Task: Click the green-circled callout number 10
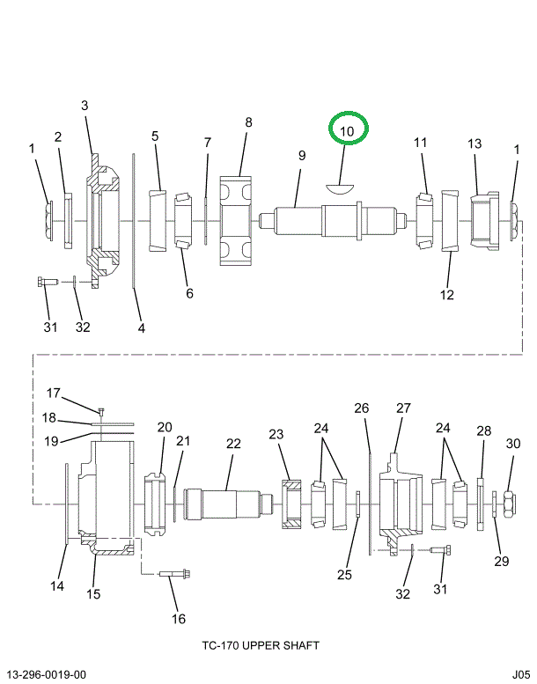(x=347, y=131)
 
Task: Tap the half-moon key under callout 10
(x=339, y=186)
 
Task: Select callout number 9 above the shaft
(x=301, y=156)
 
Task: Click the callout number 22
(x=233, y=444)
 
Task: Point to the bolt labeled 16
(x=175, y=576)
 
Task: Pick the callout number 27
(x=403, y=408)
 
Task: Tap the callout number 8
(x=248, y=122)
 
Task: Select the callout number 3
(x=85, y=106)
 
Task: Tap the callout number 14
(x=56, y=586)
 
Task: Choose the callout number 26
(x=361, y=408)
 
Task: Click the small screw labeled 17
(x=101, y=411)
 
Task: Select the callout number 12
(x=447, y=295)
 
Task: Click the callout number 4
(x=141, y=328)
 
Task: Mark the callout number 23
(x=276, y=434)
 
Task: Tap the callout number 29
(x=502, y=561)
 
